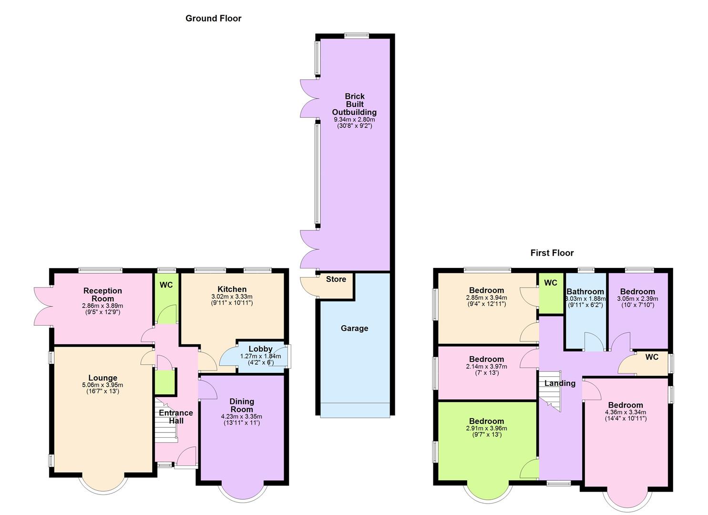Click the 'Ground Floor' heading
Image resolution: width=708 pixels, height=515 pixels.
click(213, 19)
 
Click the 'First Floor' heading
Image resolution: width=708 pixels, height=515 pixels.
click(552, 253)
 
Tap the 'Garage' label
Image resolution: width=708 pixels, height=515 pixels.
click(354, 328)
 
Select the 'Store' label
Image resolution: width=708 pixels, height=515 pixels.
click(336, 279)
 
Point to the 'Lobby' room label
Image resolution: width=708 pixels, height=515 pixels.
click(260, 349)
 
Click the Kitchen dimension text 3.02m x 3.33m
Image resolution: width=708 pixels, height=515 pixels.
click(232, 297)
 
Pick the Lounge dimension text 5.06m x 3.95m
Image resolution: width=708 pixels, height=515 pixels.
click(103, 385)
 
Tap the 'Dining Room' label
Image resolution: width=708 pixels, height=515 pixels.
click(242, 405)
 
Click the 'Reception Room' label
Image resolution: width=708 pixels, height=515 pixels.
click(103, 295)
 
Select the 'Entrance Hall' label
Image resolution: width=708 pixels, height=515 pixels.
click(175, 417)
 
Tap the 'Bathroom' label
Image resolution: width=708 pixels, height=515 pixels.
click(585, 292)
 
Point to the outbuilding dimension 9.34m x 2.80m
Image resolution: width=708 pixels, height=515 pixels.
click(354, 119)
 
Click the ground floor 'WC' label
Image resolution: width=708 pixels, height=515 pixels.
click(166, 285)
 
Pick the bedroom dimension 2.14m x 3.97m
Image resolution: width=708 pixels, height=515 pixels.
click(486, 366)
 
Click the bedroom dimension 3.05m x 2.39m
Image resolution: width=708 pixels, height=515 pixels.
click(637, 299)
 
